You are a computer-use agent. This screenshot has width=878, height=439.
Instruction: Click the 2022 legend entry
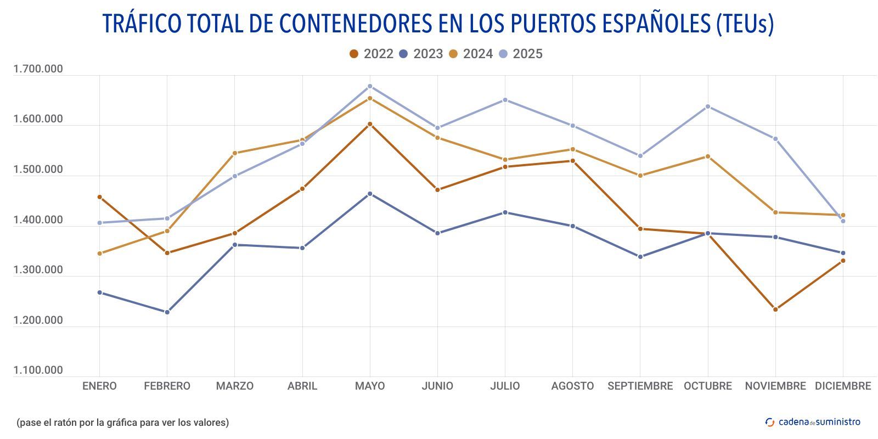click(x=372, y=54)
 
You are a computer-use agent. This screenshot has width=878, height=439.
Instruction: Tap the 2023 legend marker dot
click(x=404, y=54)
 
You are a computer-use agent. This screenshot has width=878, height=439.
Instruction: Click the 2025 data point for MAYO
click(x=370, y=86)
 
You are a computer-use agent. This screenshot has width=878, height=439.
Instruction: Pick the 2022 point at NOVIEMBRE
click(x=775, y=309)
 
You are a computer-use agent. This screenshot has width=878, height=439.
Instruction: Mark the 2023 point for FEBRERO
click(x=167, y=312)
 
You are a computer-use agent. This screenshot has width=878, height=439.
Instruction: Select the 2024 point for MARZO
click(x=235, y=153)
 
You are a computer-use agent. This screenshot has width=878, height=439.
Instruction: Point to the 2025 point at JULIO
click(x=505, y=100)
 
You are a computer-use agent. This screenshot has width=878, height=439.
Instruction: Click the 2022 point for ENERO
click(x=99, y=196)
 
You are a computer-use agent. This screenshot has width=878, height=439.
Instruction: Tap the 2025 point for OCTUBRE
click(x=708, y=106)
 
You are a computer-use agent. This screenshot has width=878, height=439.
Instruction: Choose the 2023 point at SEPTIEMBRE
click(x=640, y=257)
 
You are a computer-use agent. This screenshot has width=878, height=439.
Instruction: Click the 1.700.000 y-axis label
click(x=38, y=69)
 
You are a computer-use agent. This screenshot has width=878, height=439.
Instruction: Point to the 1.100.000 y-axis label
click(x=38, y=370)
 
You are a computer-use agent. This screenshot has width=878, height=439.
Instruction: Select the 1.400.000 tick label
click(x=38, y=220)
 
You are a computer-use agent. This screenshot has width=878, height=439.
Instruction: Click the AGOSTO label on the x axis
click(x=572, y=386)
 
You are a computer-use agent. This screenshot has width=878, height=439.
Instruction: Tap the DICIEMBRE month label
click(x=843, y=386)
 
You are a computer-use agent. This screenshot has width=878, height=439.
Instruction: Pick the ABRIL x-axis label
click(x=302, y=386)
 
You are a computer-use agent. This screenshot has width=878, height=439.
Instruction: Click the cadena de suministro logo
click(x=813, y=422)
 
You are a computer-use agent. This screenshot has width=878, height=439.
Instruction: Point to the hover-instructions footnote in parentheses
click(x=123, y=423)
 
